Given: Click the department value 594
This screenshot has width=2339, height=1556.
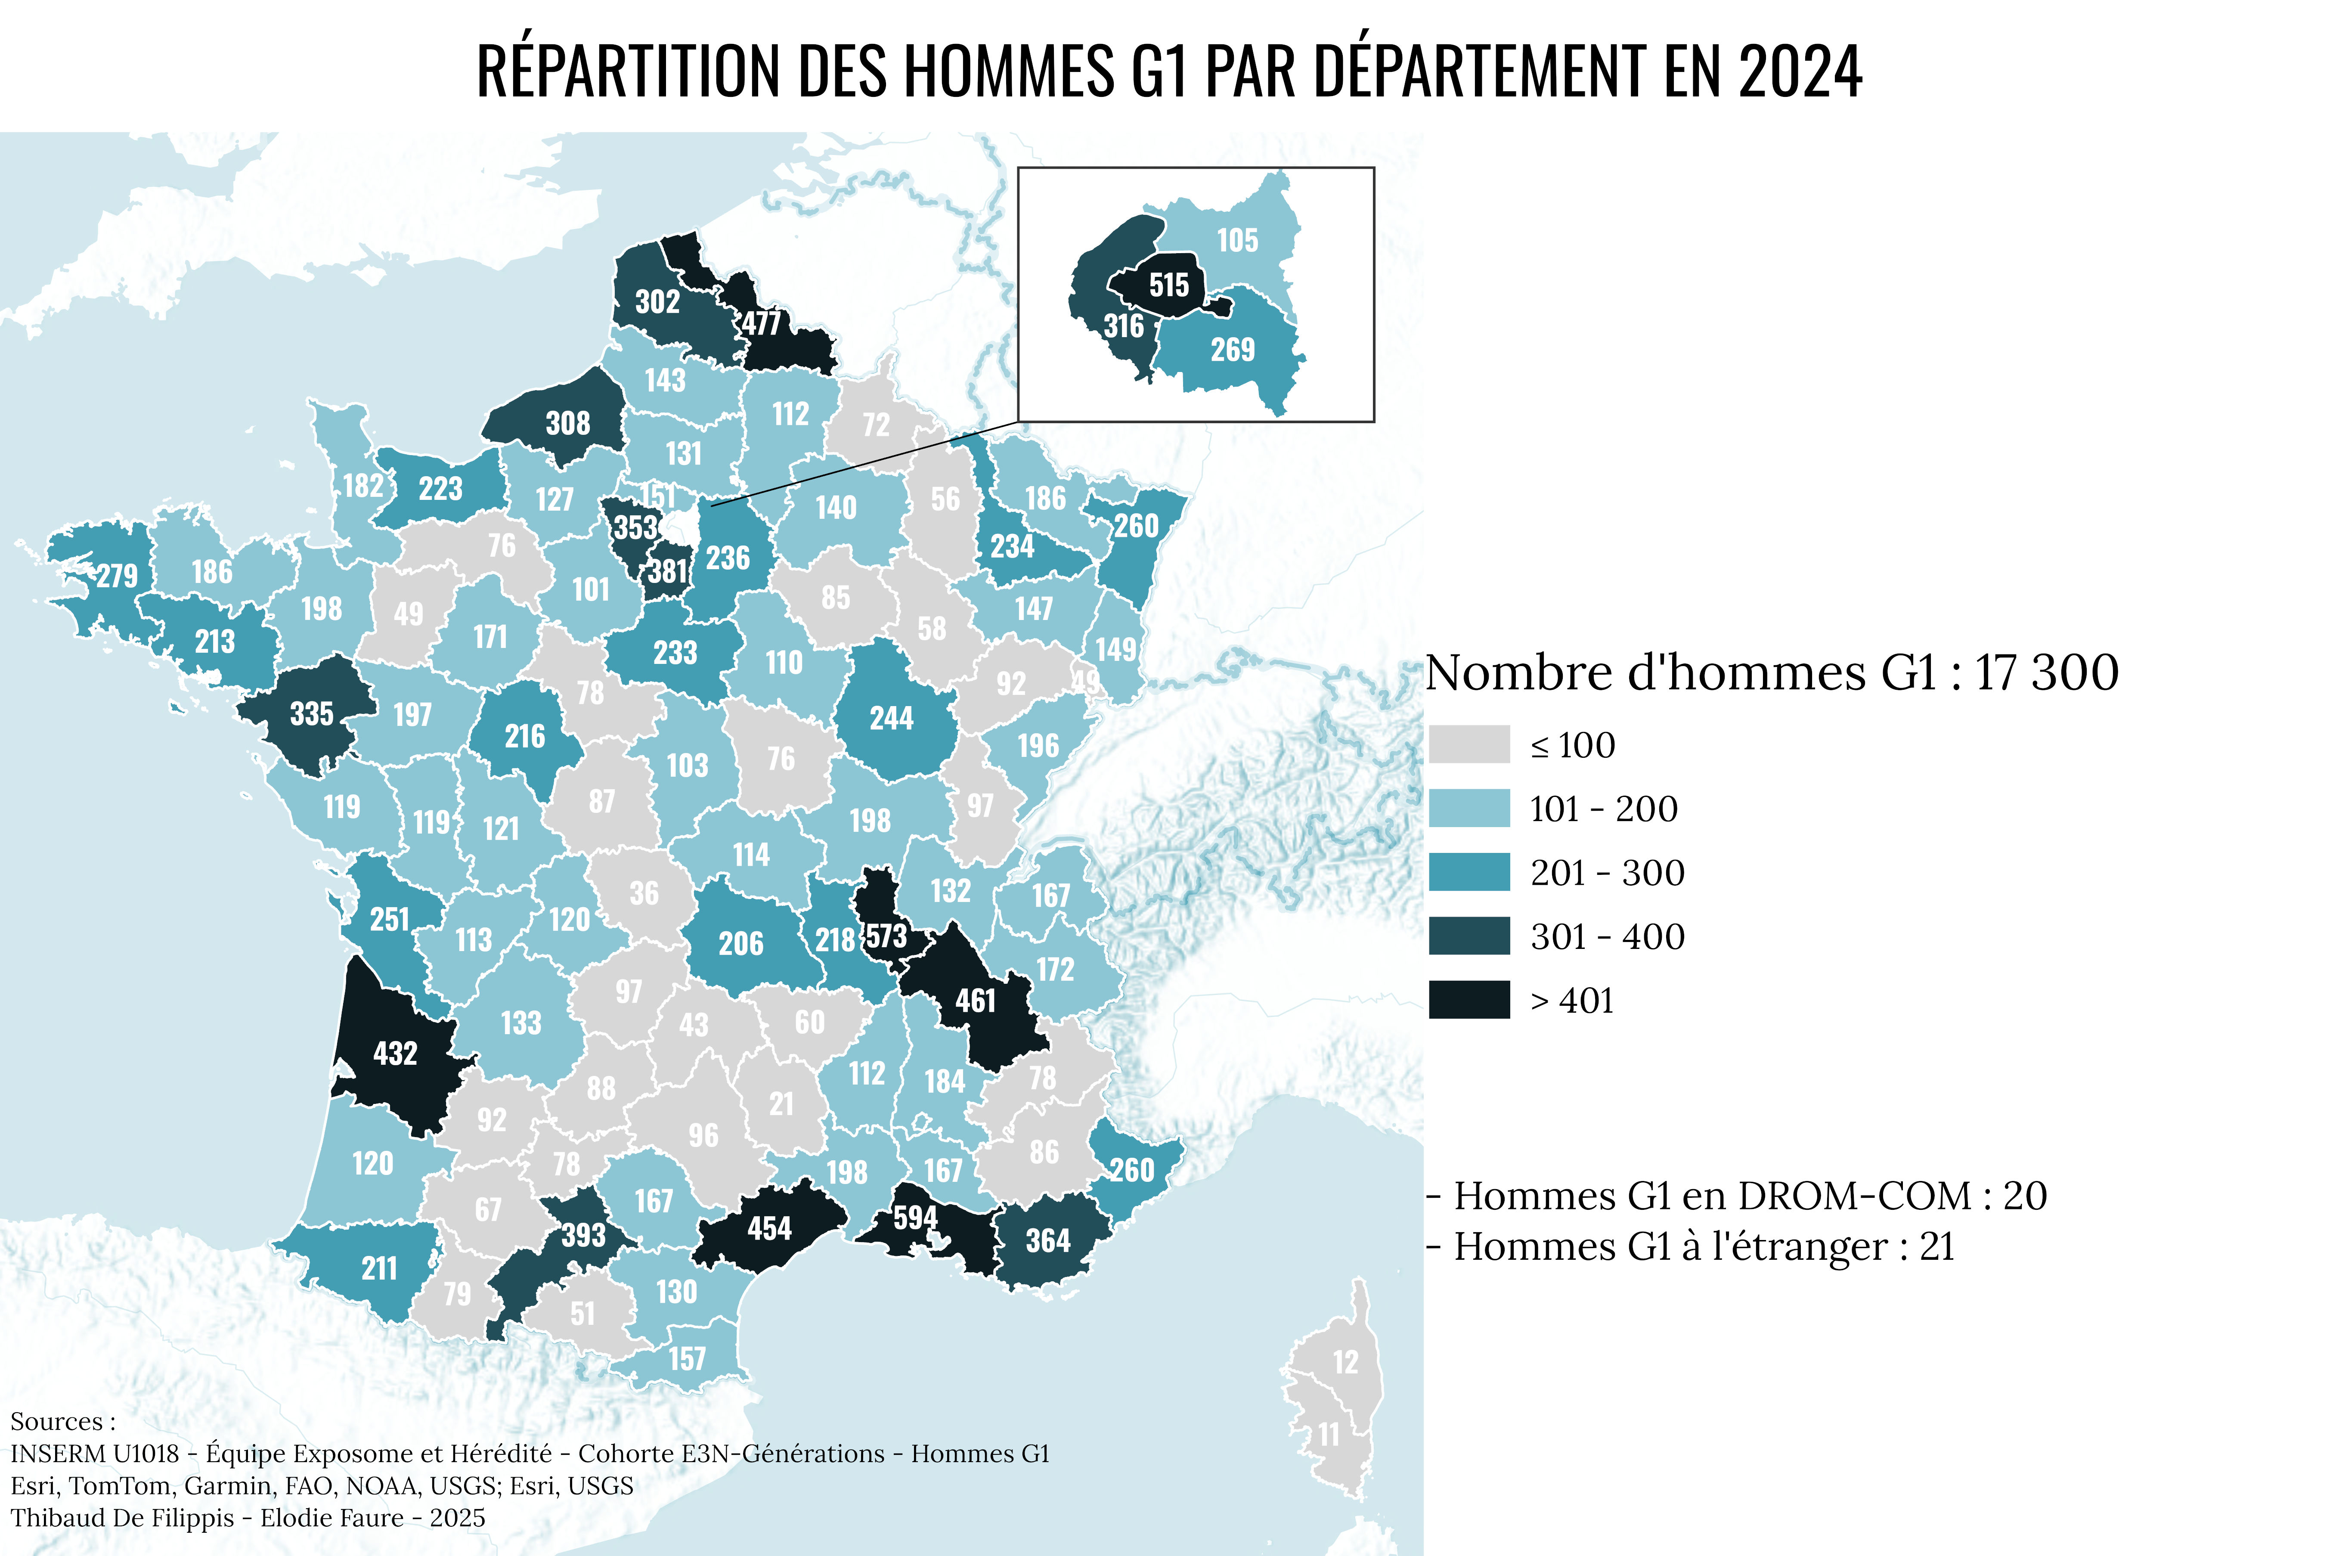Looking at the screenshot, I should (914, 1218).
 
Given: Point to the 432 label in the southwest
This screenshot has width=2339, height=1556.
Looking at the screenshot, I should (395, 1053).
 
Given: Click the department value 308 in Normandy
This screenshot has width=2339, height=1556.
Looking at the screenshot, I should (567, 424).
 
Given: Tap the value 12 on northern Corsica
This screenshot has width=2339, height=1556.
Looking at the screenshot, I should (1345, 1363).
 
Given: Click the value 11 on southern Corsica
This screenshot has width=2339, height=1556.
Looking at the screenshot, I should (1328, 1435).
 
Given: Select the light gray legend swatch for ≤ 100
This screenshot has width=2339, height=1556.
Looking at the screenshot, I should (1468, 744).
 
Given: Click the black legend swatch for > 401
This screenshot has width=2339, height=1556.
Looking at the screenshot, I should (1468, 999).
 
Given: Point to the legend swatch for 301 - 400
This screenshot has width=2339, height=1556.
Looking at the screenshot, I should (1468, 936).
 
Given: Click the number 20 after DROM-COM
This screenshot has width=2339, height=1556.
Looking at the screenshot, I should (2024, 1196).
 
